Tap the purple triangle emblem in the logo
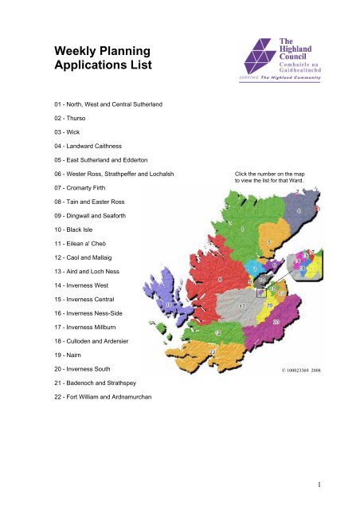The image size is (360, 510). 254,57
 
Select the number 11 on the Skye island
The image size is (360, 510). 168,304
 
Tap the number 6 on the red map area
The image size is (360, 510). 219,280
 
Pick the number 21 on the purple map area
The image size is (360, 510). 276,321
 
